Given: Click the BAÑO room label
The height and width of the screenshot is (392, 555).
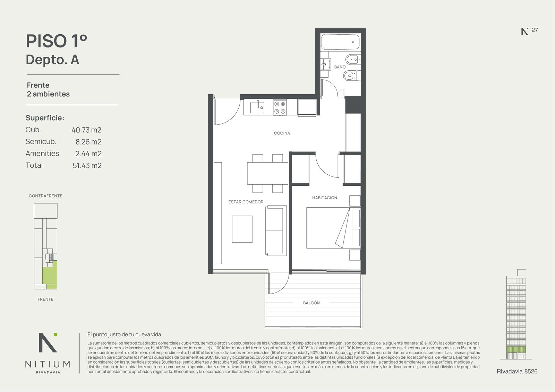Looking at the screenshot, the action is (x=340, y=67).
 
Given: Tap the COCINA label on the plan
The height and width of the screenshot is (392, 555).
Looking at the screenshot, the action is (x=282, y=133).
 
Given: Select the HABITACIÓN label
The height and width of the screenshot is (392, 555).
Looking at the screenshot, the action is (x=325, y=198).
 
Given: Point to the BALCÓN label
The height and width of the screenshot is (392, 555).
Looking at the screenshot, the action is (x=311, y=303).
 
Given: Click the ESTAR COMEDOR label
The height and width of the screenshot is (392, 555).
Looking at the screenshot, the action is (x=246, y=202).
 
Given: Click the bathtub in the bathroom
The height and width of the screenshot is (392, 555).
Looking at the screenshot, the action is (x=340, y=42).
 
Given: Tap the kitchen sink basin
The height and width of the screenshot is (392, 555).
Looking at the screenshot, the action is (x=257, y=107).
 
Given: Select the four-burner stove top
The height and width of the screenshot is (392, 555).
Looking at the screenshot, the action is (x=280, y=107).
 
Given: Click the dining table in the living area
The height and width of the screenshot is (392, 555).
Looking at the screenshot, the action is (x=267, y=173).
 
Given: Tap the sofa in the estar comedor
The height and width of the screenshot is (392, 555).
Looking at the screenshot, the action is (x=276, y=230).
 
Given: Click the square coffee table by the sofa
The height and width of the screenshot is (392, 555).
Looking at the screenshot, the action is (x=242, y=229).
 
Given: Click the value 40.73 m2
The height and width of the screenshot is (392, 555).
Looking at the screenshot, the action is (x=86, y=130).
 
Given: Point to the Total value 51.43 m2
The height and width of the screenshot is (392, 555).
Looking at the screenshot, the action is (x=87, y=165).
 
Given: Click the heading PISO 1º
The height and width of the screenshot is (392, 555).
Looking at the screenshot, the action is (x=57, y=41).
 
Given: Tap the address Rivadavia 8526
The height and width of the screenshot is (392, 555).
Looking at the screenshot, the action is (x=517, y=372).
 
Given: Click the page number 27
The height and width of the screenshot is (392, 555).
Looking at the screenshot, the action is (x=535, y=30).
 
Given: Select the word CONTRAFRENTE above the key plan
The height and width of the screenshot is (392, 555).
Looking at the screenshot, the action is (x=45, y=196).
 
